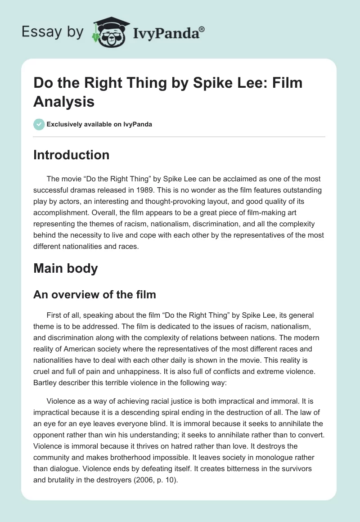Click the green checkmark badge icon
39,124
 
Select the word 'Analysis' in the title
64,102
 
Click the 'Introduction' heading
72,155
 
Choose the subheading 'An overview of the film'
95,295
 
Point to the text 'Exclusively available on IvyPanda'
99,125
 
